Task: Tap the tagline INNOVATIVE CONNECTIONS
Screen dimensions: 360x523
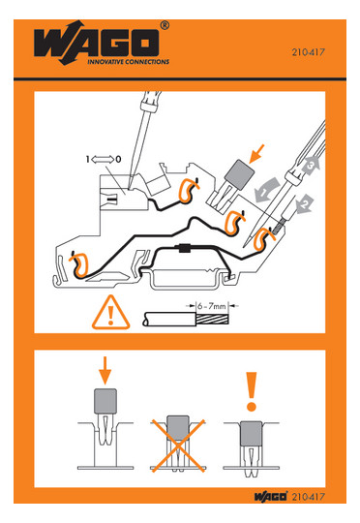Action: pyautogui.click(x=129, y=62)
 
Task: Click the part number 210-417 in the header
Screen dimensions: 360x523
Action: pyautogui.click(x=309, y=52)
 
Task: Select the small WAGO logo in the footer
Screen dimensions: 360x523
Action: pyautogui.click(x=271, y=497)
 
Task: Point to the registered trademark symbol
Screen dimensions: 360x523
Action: pyautogui.click(x=165, y=26)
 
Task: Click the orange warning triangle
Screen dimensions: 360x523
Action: pyautogui.click(x=110, y=313)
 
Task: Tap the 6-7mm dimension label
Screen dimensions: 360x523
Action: pyautogui.click(x=211, y=305)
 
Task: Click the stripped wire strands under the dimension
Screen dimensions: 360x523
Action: pyautogui.click(x=212, y=320)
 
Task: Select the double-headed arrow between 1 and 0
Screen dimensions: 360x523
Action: pyautogui.click(x=103, y=160)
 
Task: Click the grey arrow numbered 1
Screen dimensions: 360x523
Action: pyautogui.click(x=267, y=191)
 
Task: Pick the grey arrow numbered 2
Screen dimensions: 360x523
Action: pyautogui.click(x=305, y=204)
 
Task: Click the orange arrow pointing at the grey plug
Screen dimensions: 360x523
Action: pyautogui.click(x=257, y=154)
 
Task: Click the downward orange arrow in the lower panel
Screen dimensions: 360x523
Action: pyautogui.click(x=105, y=371)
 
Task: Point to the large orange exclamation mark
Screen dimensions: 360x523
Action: pyautogui.click(x=252, y=391)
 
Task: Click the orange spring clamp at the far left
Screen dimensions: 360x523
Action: pyautogui.click(x=78, y=265)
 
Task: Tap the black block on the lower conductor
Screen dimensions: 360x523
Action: pyautogui.click(x=184, y=248)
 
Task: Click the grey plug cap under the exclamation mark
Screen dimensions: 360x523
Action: pyautogui.click(x=251, y=433)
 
